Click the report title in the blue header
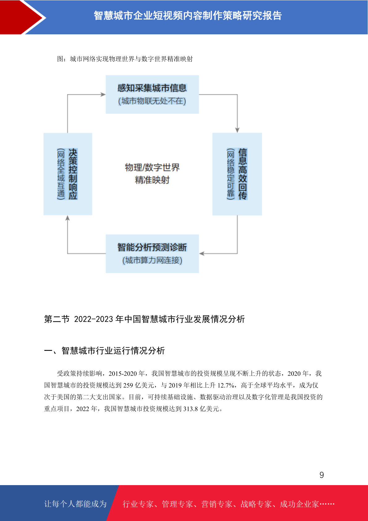pyautogui.click(x=188, y=16)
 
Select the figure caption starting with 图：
pyautogui.click(x=125, y=59)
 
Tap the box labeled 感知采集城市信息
pyautogui.click(x=152, y=94)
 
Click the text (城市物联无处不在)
pyautogui.click(x=152, y=101)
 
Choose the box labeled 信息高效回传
pyautogui.click(x=237, y=174)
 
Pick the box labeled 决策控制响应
pyautogui.click(x=68, y=174)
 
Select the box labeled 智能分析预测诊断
pyautogui.click(x=152, y=253)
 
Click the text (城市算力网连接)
pyautogui.click(x=152, y=260)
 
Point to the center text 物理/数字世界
pyautogui.click(x=152, y=167)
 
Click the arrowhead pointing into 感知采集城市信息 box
pyautogui.click(x=103, y=94)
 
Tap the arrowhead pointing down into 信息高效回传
pyautogui.click(x=237, y=130)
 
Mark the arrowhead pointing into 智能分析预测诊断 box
pyautogui.click(x=202, y=253)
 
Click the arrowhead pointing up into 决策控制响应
pyautogui.click(x=68, y=218)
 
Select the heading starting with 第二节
pyautogui.click(x=144, y=319)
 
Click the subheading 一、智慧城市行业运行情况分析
pyautogui.click(x=104, y=351)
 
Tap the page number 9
pyautogui.click(x=322, y=475)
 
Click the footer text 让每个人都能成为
pyautogui.click(x=75, y=504)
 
